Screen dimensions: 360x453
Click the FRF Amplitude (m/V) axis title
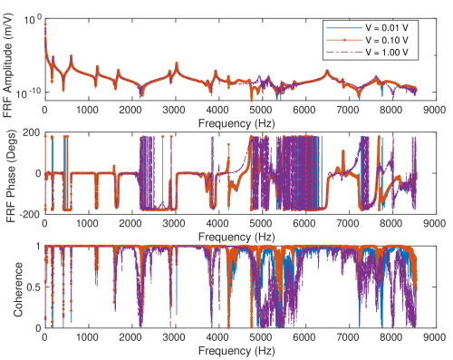12,58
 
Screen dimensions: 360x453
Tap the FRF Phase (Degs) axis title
12,172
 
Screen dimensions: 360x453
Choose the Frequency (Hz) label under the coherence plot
242,349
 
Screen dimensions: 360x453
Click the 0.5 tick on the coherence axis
33,287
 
